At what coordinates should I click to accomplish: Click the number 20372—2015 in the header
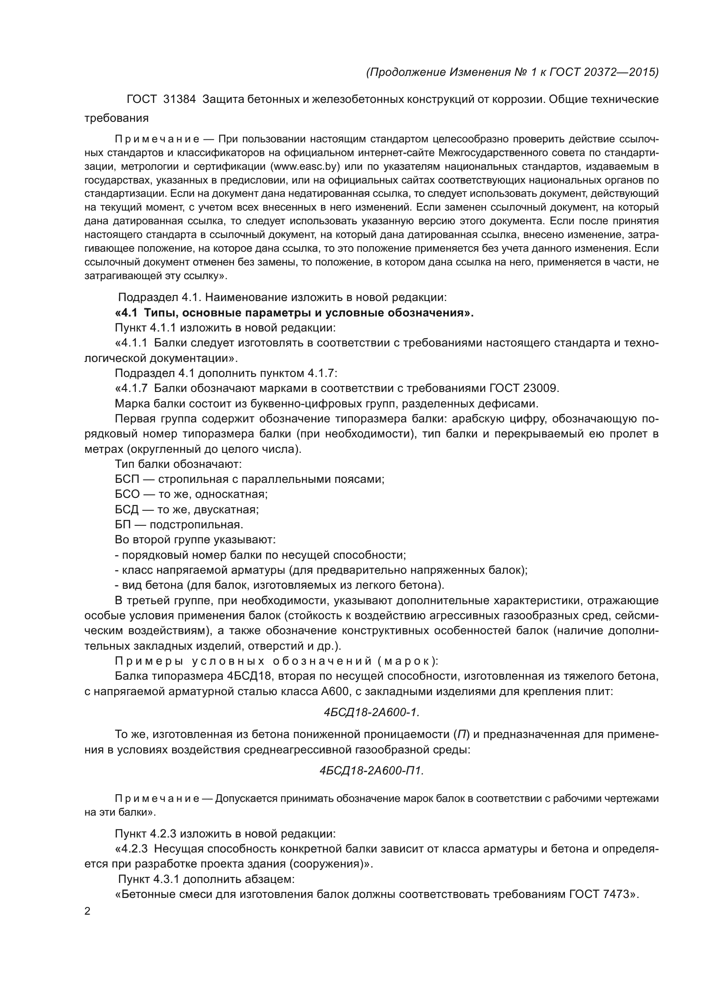tap(619, 72)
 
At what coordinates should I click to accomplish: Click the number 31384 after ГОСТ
tap(179, 99)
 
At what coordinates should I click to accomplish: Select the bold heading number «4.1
tap(127, 313)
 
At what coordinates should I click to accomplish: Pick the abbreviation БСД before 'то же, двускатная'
tap(127, 509)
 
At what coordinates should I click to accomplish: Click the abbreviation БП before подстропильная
tap(123, 524)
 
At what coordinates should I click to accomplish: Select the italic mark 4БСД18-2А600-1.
tap(372, 713)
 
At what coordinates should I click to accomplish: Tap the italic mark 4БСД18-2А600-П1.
tap(372, 771)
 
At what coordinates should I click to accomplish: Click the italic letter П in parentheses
tap(461, 734)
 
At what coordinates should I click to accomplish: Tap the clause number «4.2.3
tap(132, 849)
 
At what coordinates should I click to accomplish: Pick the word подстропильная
tap(197, 524)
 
